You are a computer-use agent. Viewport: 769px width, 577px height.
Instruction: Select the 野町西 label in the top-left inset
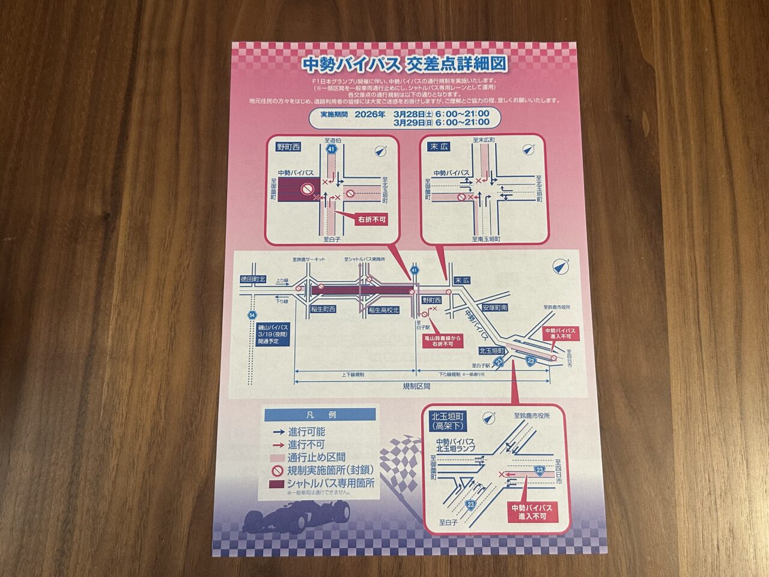(288, 146)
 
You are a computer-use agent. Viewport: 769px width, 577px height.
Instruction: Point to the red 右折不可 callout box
(371, 219)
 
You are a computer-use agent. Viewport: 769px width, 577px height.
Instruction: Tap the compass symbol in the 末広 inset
(529, 149)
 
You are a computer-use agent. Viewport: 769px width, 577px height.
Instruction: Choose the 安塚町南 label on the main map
(494, 307)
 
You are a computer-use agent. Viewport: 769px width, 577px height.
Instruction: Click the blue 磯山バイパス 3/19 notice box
(273, 333)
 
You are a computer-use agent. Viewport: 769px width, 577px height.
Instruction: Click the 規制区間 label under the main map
(416, 386)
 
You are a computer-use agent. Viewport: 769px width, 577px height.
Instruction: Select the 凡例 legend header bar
(320, 415)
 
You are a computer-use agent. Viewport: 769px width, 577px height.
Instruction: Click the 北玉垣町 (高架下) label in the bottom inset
(449, 421)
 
